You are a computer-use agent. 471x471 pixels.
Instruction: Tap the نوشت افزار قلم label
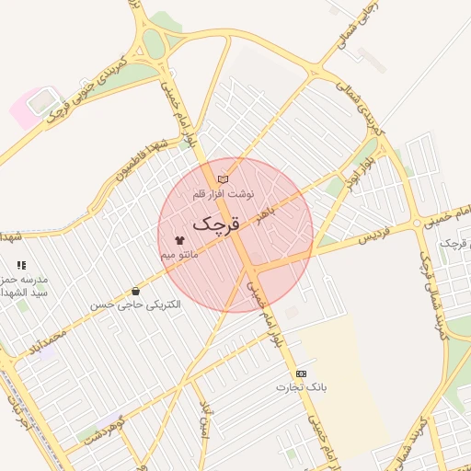[x=222, y=194]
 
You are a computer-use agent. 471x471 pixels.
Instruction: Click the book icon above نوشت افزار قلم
[x=223, y=178]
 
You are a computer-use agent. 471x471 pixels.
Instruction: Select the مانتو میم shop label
[x=179, y=254]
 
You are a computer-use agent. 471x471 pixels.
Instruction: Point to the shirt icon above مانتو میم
[x=178, y=239]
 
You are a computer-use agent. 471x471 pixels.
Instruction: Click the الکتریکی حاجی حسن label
[x=136, y=303]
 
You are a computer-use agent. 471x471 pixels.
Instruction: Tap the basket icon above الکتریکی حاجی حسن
[x=136, y=291]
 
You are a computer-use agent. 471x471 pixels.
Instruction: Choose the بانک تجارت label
[x=302, y=387]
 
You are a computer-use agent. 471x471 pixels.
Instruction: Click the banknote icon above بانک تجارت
[x=301, y=373]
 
